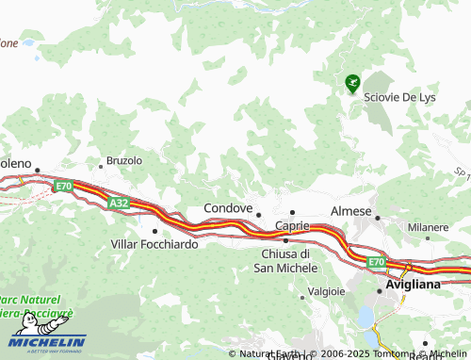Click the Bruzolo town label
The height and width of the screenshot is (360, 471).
tap(123, 160)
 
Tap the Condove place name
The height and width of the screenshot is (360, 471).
tap(228, 208)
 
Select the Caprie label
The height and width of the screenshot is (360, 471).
tap(292, 226)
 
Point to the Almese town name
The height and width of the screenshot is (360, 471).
tap(351, 212)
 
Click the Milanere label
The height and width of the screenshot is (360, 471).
tap(428, 228)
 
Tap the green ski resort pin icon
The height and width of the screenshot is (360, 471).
tap(352, 84)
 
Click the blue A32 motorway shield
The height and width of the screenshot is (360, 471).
tap(118, 203)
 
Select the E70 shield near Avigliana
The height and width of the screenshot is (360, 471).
tap(377, 261)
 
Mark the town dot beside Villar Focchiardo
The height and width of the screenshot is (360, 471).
tap(154, 230)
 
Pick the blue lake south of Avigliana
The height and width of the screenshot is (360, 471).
tap(364, 315)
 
